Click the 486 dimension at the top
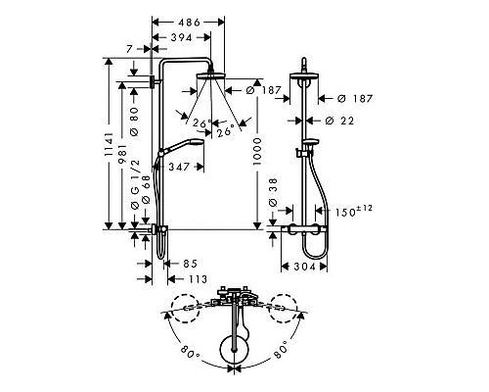tap(189, 23)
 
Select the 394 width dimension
tap(182, 37)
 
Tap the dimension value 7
tap(129, 49)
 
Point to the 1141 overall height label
tap(109, 144)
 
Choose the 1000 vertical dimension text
tap(257, 151)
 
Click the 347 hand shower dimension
tap(179, 167)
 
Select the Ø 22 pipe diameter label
tap(339, 121)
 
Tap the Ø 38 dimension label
tap(273, 192)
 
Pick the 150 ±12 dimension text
tap(354, 211)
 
